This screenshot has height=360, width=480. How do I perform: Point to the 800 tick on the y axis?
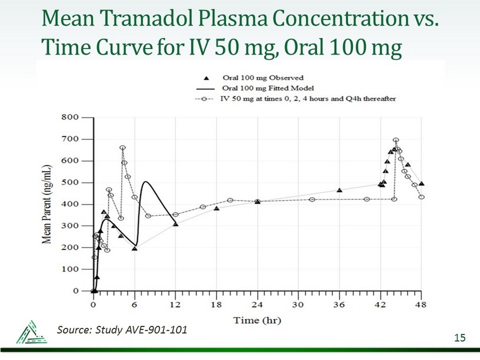(69, 117)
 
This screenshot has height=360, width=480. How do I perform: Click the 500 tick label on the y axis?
(69, 182)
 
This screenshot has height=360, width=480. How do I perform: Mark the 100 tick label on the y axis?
(69, 269)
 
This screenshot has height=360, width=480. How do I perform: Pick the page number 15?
(459, 336)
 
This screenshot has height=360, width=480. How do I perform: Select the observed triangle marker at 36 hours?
(339, 190)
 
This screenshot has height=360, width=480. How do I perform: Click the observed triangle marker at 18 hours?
(216, 208)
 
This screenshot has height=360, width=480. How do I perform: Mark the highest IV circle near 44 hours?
(396, 140)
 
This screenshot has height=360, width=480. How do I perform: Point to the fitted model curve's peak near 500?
(145, 181)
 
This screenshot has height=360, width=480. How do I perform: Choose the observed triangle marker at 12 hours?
(175, 224)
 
